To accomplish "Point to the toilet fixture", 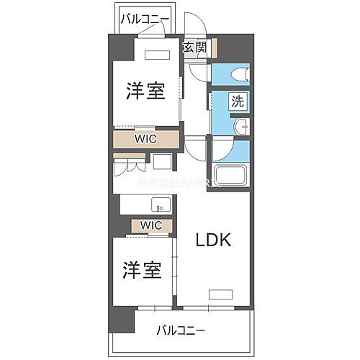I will (240, 74).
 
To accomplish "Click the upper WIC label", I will (147, 138).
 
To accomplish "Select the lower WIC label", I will (151, 225).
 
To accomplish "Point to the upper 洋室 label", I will (145, 91).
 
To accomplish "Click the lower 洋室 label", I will (141, 271).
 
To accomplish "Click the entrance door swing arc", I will (190, 25).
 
